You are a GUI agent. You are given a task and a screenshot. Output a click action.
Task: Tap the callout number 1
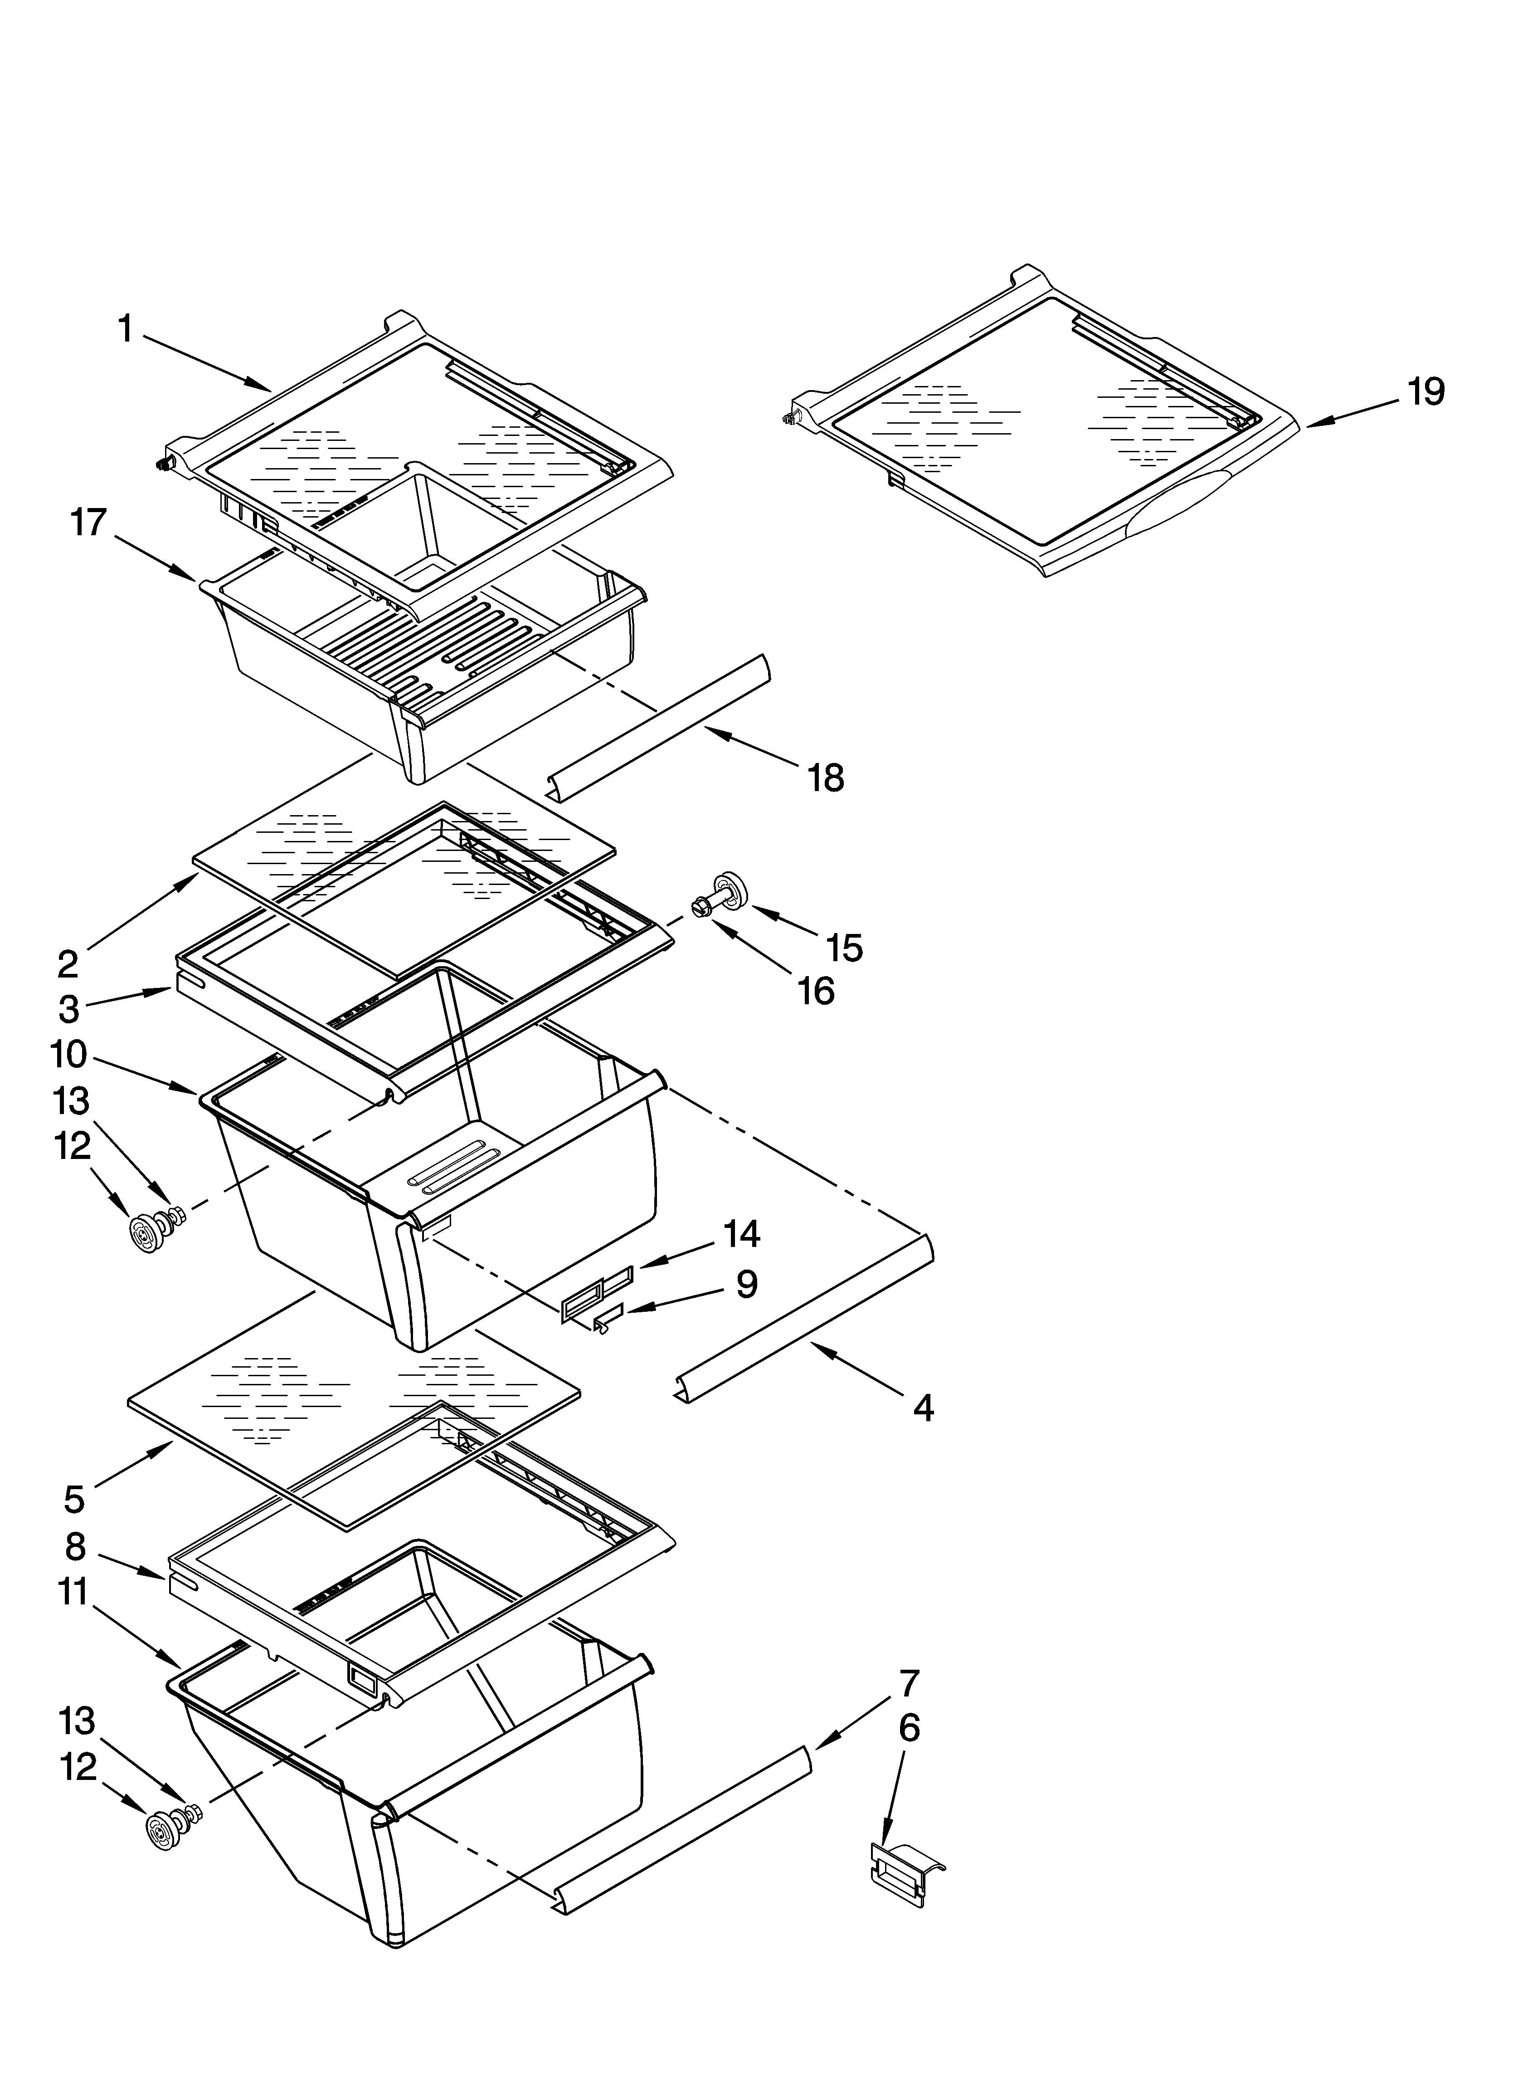tap(126, 328)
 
